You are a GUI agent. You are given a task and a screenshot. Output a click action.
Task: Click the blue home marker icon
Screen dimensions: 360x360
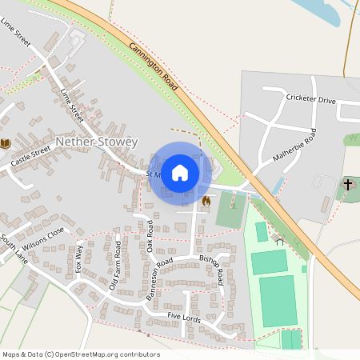(180, 172)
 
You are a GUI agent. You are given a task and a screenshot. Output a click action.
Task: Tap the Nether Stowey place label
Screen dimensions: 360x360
(97, 142)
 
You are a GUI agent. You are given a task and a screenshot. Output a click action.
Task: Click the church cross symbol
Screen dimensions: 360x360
(347, 185)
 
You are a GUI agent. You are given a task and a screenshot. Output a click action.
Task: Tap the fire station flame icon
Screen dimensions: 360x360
(206, 201)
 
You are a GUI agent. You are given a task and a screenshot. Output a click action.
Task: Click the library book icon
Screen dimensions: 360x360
(6, 143)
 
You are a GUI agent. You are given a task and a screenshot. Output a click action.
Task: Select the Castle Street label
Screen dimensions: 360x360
(30, 157)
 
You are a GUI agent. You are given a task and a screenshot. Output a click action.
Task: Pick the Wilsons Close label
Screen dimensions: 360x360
(43, 238)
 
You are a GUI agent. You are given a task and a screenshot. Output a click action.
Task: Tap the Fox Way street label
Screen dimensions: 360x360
(78, 258)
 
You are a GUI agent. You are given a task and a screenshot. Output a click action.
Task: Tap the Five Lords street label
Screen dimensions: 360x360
(184, 318)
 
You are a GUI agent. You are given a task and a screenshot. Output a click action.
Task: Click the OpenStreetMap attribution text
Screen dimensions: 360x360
(81, 354)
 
